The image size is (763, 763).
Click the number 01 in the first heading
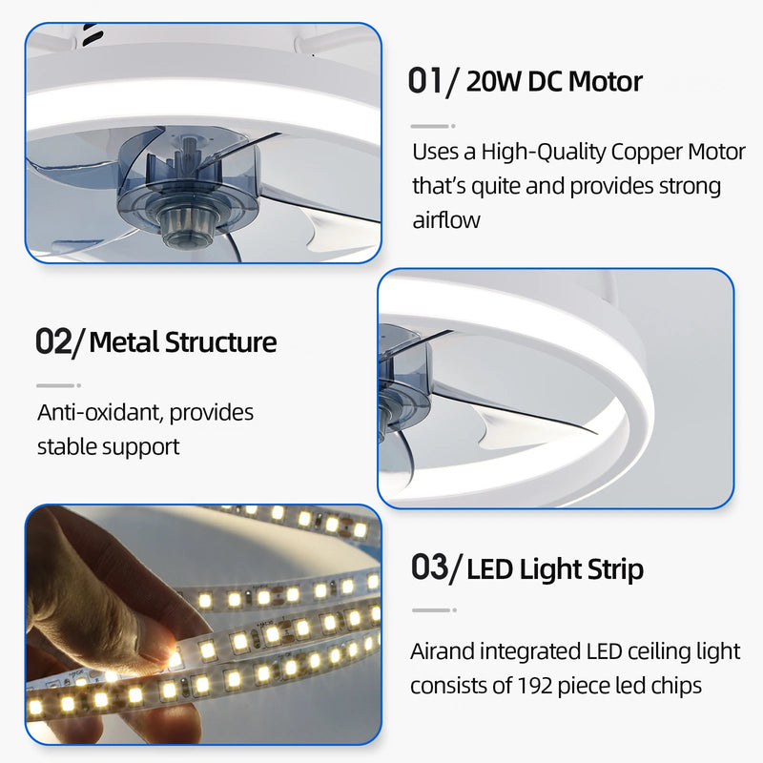coord(425,81)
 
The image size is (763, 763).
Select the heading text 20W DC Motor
coord(553,81)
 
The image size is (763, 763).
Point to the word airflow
coord(446,220)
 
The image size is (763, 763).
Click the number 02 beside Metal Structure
coord(53,341)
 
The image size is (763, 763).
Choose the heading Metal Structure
coord(182,341)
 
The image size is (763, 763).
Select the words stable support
coord(109,445)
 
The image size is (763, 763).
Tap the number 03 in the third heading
coord(429,568)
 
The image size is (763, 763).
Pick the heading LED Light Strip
coord(555,569)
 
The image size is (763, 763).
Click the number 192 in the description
coord(534,685)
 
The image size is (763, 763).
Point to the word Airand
coord(443,651)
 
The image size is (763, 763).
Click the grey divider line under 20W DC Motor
coord(432,126)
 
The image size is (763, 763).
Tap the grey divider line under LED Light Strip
coord(432,610)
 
